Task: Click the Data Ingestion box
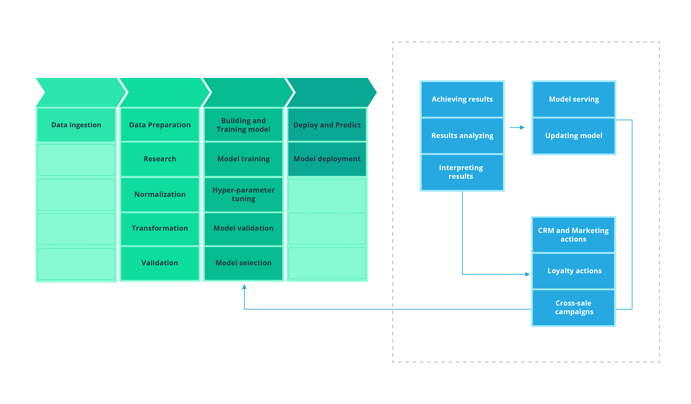tap(76, 125)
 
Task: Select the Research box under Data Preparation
tap(160, 159)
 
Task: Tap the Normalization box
tap(160, 194)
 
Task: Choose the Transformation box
tap(160, 228)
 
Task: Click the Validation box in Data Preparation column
tap(160, 263)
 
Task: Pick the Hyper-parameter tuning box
tap(244, 194)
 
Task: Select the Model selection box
tap(244, 263)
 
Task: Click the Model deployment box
tap(327, 159)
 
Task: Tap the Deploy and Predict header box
tap(327, 125)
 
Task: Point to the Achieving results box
tap(462, 99)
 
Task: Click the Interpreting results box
tap(462, 172)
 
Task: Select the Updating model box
tap(574, 135)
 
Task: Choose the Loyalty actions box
tap(574, 271)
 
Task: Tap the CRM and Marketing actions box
tap(574, 235)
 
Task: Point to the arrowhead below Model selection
tap(244, 287)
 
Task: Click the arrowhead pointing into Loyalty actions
tap(527, 274)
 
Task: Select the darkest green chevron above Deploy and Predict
tap(330, 92)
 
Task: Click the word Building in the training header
tap(232, 121)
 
